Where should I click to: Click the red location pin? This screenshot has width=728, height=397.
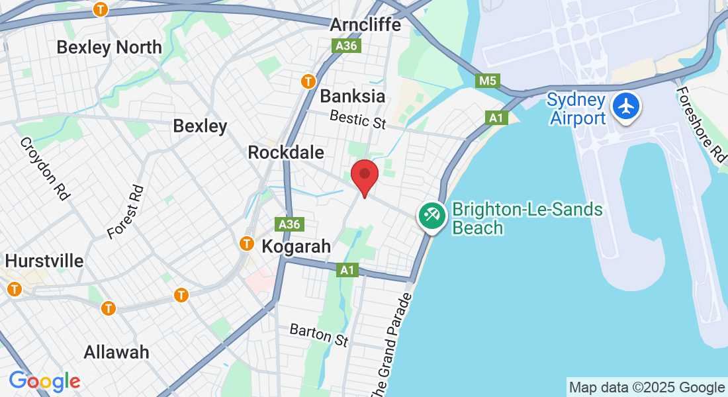(x=364, y=176)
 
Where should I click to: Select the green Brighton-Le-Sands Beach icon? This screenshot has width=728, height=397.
(x=432, y=216)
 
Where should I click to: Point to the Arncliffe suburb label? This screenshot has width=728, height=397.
(x=365, y=25)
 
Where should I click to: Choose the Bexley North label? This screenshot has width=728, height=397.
(x=109, y=48)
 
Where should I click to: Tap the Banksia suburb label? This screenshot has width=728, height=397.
(x=352, y=96)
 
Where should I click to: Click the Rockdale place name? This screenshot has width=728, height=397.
(x=286, y=153)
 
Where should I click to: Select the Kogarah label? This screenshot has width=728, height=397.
(x=296, y=247)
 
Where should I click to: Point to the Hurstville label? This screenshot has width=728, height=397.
(x=45, y=261)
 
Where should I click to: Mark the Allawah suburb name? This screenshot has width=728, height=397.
(x=116, y=352)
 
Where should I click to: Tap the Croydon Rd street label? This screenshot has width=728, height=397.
(x=45, y=169)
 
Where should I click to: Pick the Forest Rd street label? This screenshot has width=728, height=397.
(x=126, y=212)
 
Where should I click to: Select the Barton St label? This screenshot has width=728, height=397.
(x=319, y=335)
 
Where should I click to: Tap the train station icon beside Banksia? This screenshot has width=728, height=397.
(x=308, y=81)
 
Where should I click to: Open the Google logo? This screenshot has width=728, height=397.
(x=44, y=381)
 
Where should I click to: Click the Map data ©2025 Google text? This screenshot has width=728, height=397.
(x=647, y=388)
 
